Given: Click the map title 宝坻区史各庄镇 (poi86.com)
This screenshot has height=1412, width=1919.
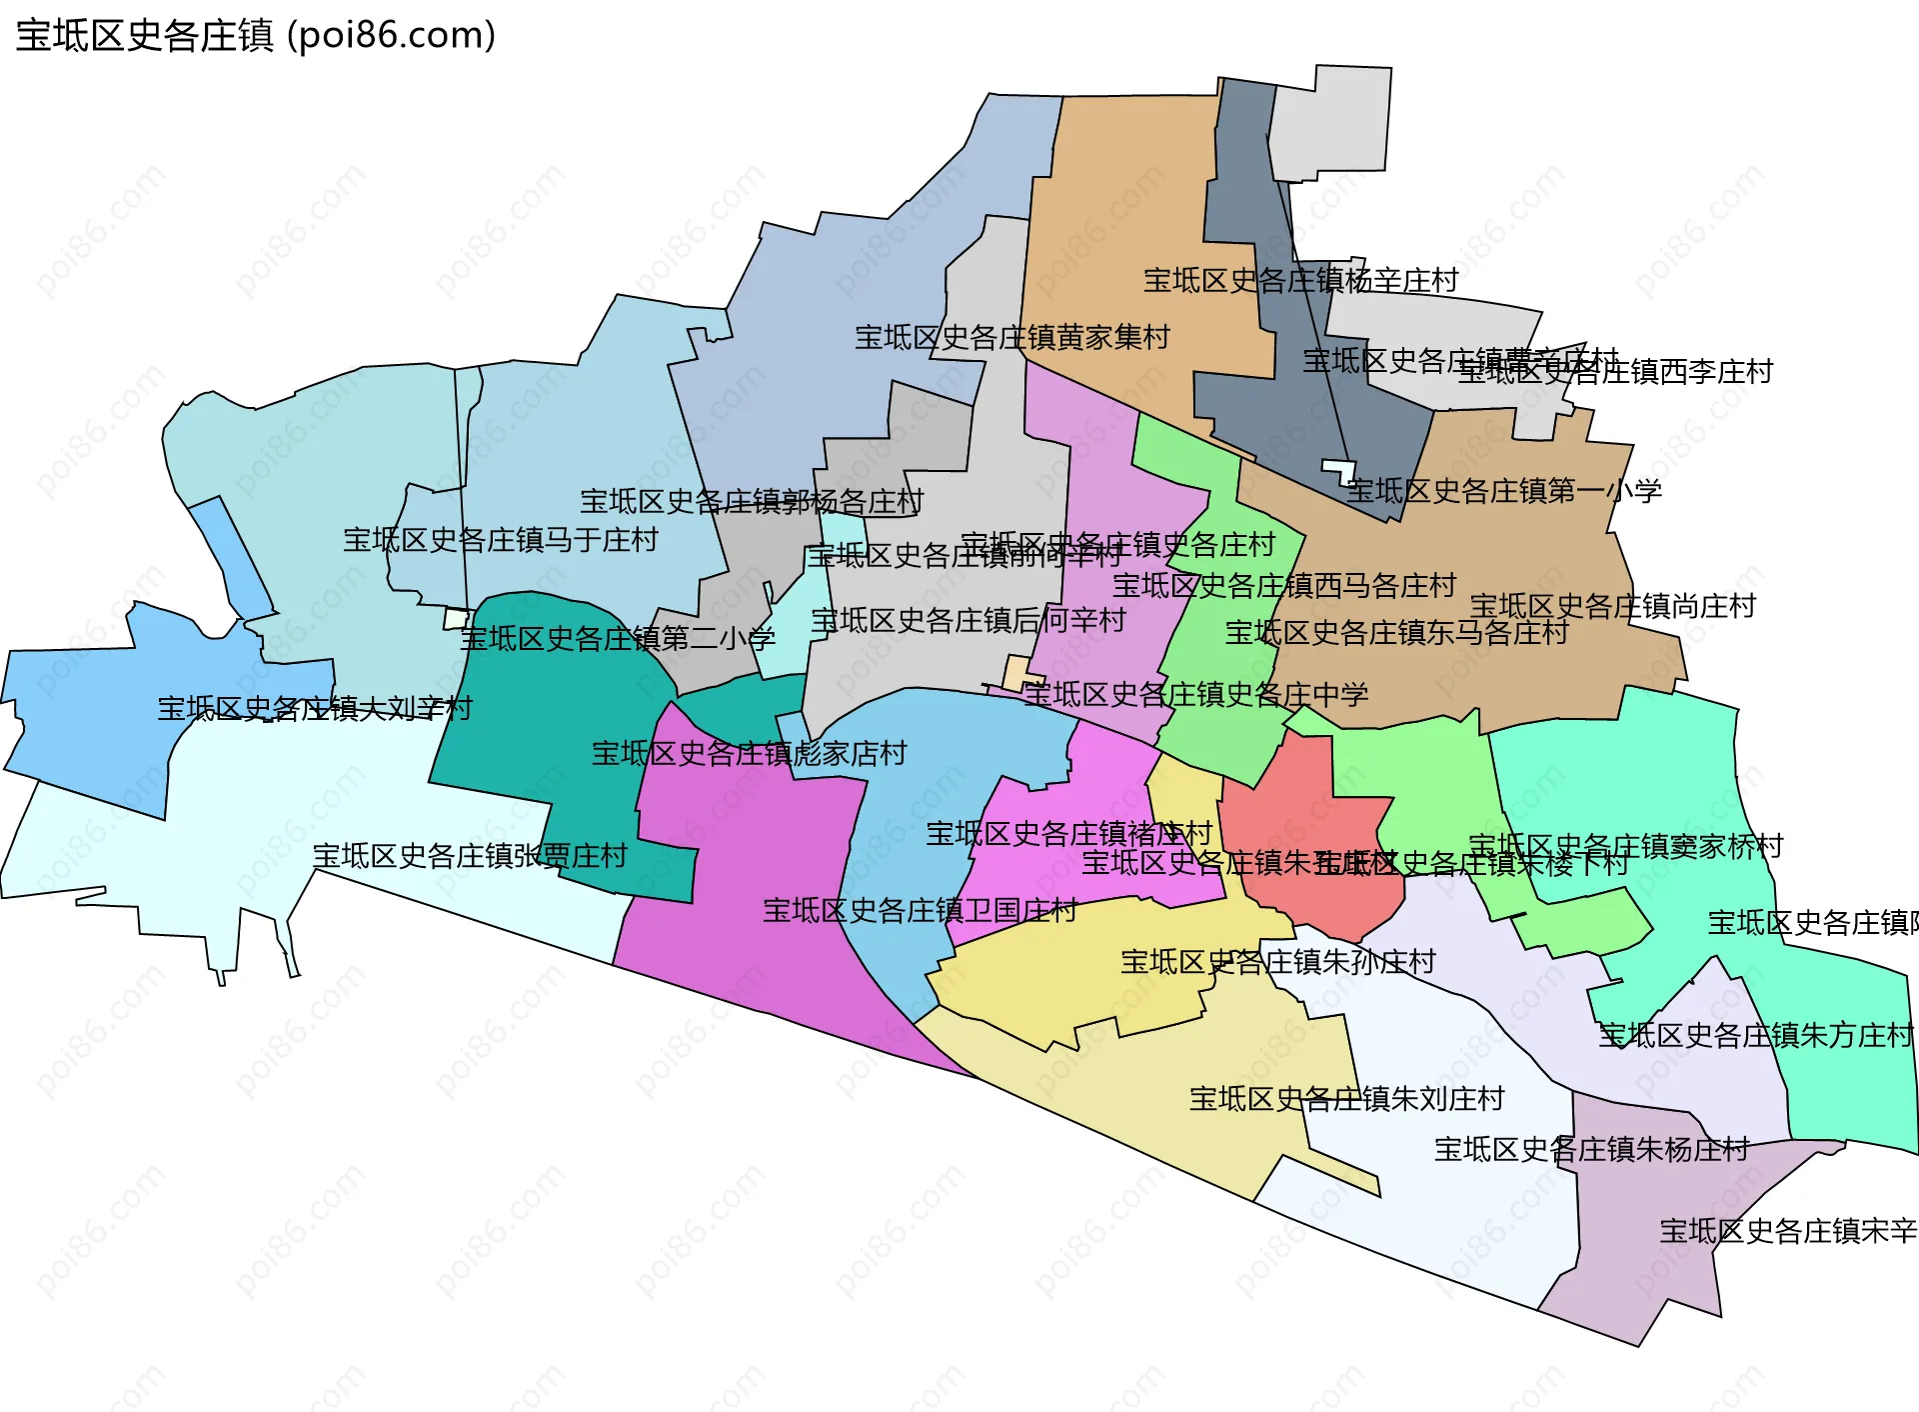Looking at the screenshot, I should [256, 36].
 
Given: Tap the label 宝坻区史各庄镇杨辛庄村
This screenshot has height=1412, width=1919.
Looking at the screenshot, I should [1300, 280].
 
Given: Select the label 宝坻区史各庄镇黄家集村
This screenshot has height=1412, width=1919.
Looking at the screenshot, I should [1011, 337].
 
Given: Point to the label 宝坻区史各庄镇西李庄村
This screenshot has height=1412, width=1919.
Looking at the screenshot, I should [1615, 372].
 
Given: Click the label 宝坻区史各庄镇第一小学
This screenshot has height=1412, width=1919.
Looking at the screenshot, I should [1503, 490].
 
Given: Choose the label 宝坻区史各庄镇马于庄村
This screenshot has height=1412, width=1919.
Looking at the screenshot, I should [501, 540].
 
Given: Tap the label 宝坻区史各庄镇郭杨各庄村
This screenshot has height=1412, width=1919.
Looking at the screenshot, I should [752, 501].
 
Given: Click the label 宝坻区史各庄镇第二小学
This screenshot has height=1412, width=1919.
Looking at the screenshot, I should [617, 638].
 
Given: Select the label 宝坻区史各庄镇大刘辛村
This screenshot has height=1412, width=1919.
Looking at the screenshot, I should [315, 709].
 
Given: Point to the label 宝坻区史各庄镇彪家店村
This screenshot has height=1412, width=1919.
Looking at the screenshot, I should [749, 753].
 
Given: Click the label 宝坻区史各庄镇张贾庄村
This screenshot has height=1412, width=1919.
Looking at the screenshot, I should [470, 856].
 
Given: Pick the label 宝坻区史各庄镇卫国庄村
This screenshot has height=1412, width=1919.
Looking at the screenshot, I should [920, 910].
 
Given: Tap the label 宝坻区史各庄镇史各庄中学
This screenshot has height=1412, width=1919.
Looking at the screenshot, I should [1195, 694].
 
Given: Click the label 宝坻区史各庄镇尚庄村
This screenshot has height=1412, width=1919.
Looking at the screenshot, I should [1612, 606].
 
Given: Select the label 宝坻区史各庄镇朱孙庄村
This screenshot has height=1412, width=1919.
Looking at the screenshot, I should [1277, 962].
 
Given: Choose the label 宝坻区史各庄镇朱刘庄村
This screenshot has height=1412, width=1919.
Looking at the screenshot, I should [1346, 1099].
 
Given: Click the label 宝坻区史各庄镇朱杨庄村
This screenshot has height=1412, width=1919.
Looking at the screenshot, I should [1591, 1149].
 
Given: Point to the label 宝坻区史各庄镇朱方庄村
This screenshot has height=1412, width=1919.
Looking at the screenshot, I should [1755, 1035].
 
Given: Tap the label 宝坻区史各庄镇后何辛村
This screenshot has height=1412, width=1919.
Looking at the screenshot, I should [967, 620].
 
